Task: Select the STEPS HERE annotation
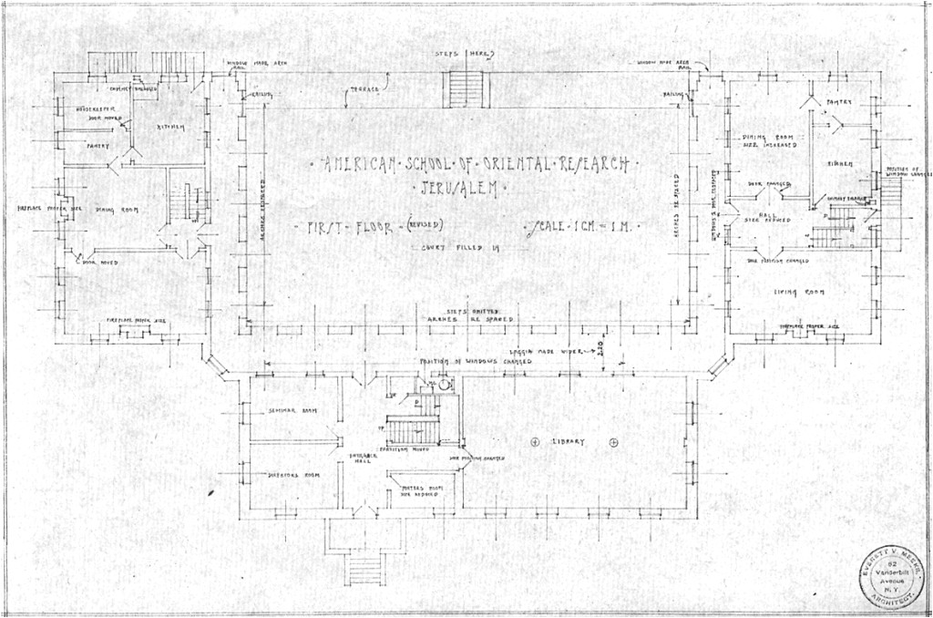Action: [x=465, y=55]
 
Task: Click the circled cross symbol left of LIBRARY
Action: [x=535, y=442]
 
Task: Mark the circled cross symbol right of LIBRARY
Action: [x=613, y=442]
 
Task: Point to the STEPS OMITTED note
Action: [x=467, y=311]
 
